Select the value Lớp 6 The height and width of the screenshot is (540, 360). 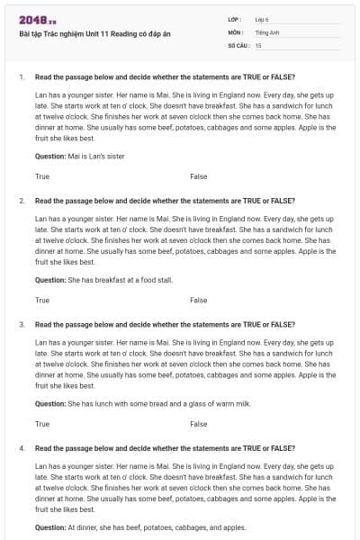(262, 19)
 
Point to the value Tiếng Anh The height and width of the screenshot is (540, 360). (265, 31)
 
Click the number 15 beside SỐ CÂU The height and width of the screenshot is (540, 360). (258, 44)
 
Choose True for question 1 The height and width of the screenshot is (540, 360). (42, 176)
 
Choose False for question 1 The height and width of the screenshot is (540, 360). (199, 176)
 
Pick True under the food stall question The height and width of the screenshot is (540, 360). (42, 300)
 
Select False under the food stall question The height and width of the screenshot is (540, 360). (199, 300)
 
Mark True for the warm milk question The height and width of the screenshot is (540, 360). (42, 423)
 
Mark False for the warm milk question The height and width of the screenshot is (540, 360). (199, 423)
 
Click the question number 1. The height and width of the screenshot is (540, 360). (22, 77)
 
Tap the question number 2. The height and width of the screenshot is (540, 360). (22, 201)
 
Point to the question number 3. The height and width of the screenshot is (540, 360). (22, 324)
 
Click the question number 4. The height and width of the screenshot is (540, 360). (22, 447)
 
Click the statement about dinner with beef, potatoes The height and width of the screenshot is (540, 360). (157, 526)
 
